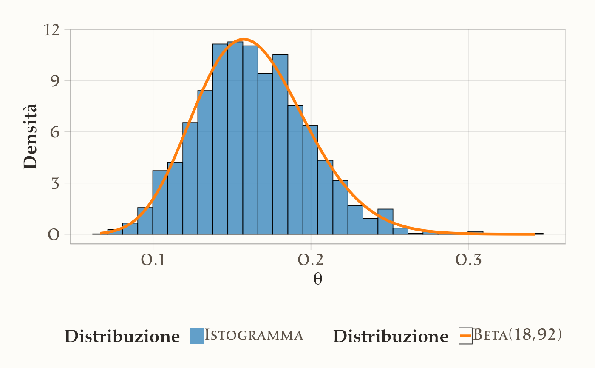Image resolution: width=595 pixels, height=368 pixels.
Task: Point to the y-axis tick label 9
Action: [54, 81]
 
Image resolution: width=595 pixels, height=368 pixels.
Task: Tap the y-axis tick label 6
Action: [54, 132]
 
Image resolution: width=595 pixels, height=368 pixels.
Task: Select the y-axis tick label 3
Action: [54, 183]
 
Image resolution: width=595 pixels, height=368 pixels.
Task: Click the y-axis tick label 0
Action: [54, 234]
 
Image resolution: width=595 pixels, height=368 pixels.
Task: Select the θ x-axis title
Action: [317, 279]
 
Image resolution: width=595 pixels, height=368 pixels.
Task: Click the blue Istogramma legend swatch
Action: [197, 336]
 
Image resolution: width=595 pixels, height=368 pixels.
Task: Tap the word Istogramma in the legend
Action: [254, 336]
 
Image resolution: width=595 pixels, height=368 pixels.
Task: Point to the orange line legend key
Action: [466, 336]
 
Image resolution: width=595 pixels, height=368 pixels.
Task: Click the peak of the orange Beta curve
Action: [244, 40]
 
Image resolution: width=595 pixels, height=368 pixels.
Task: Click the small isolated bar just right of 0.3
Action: [476, 233]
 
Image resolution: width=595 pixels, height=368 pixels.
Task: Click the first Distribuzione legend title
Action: [122, 337]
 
